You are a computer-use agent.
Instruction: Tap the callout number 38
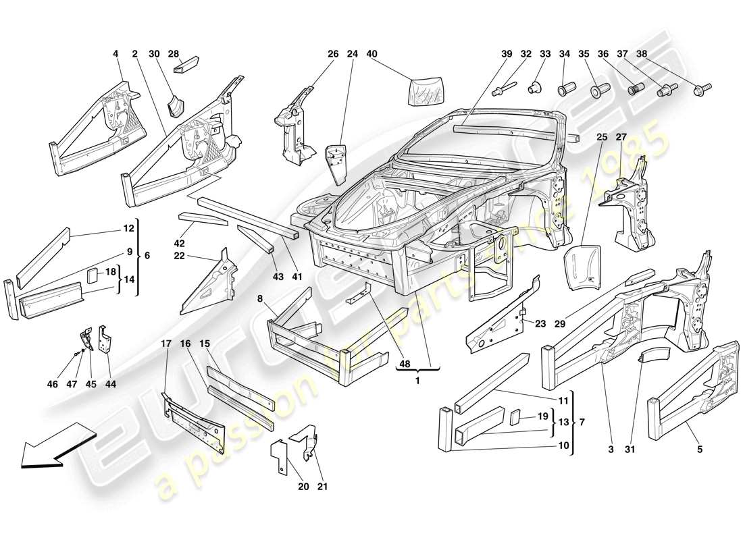pos(642,53)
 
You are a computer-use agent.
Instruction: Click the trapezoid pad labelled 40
pos(425,89)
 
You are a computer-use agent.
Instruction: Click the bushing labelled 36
pos(635,88)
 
